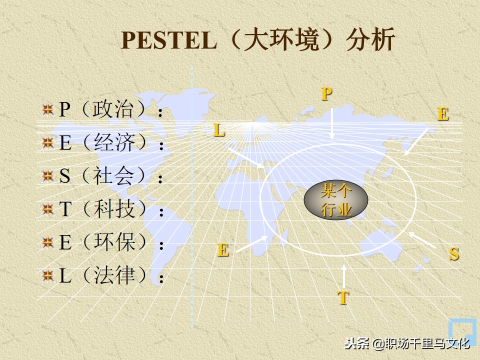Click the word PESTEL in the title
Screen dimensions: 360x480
tap(168, 41)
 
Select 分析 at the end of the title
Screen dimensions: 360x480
tap(370, 41)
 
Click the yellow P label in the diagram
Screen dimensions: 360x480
tap(326, 93)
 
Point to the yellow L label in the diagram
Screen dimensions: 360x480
tap(219, 130)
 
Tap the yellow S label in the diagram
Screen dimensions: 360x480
tap(454, 254)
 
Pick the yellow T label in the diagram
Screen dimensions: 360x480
tap(343, 298)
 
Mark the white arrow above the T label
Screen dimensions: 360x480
tap(344, 276)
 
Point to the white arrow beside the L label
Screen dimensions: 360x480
tap(245, 156)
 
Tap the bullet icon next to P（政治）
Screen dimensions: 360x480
tap(48, 110)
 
